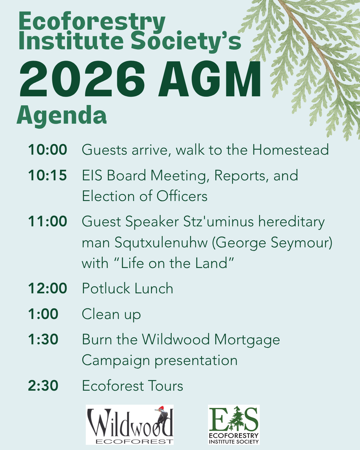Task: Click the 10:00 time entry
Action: (x=47, y=150)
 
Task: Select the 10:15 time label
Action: (x=47, y=175)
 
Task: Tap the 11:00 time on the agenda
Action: (x=47, y=221)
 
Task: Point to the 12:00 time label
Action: (x=47, y=288)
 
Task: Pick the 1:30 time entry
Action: (x=43, y=339)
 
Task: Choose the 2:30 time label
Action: (x=43, y=386)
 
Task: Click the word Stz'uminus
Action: (x=219, y=221)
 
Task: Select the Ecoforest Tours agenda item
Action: (x=132, y=386)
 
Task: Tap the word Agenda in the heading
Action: (x=62, y=116)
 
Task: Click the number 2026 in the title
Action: (x=82, y=79)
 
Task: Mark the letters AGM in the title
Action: (x=210, y=79)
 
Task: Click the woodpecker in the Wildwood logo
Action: (x=162, y=416)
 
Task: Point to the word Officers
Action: (x=182, y=196)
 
